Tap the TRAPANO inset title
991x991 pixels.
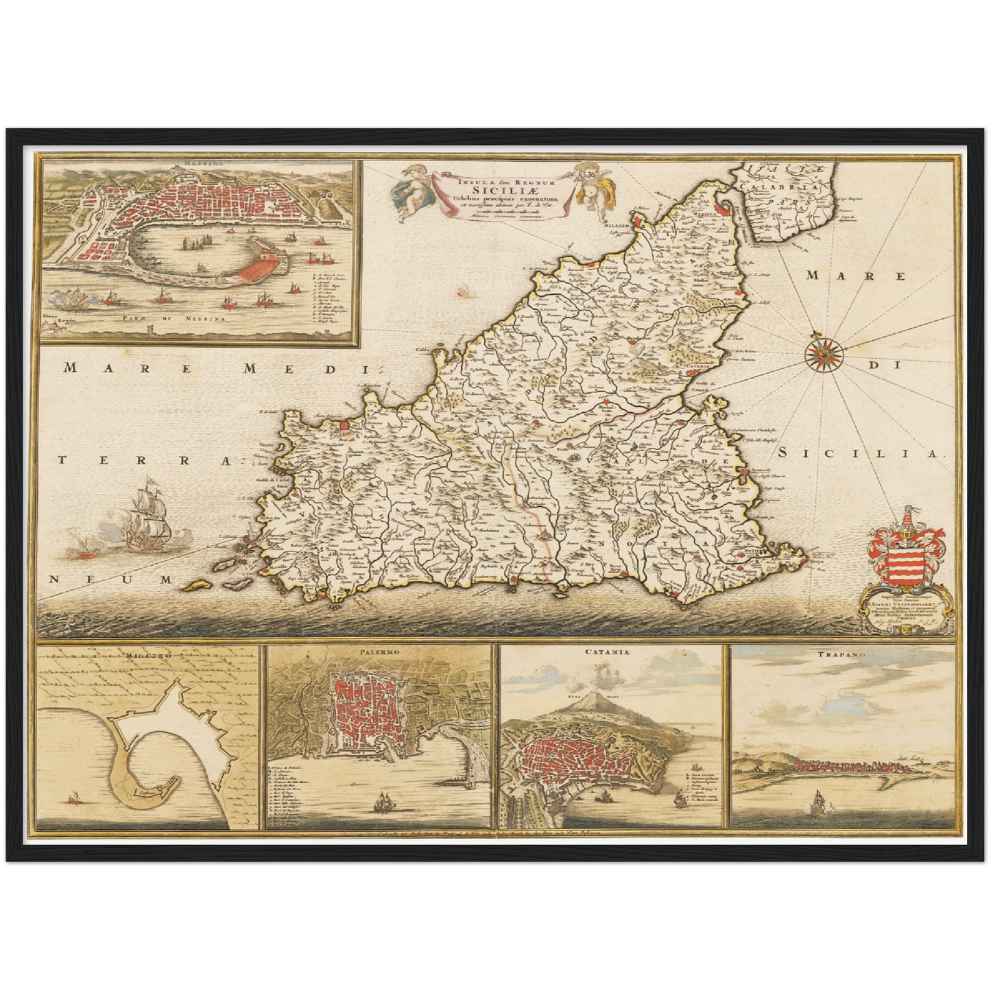(841, 655)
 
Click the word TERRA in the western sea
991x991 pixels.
(141, 461)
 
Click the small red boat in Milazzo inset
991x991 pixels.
(73, 798)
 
